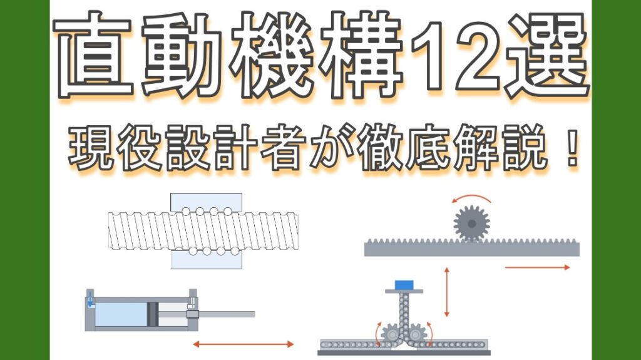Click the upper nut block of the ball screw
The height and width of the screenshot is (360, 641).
[206, 202]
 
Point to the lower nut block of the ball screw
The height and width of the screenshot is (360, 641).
[207, 259]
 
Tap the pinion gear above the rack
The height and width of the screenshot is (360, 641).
[471, 224]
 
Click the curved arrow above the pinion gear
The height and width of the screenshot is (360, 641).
[471, 197]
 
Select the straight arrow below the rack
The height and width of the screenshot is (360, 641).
[537, 267]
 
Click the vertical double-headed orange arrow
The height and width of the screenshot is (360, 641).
[446, 292]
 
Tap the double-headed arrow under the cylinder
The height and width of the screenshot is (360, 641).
[244, 344]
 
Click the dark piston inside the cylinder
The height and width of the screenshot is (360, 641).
[153, 314]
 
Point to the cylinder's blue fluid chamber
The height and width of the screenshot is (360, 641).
[121, 314]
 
